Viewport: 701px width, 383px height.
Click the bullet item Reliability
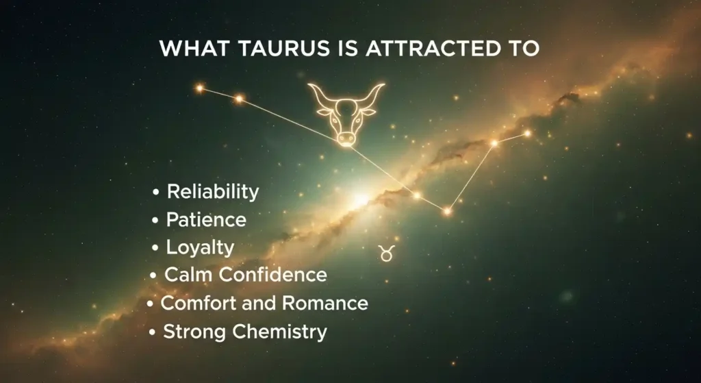pos(212,192)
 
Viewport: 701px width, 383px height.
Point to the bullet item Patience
pos(206,220)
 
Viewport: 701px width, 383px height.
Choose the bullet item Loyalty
pos(200,247)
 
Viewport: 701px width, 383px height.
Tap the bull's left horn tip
pos(310,86)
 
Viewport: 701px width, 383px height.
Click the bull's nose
pos(346,138)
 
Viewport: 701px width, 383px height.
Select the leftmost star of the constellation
pos(200,88)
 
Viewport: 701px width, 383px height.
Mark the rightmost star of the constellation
pos(527,133)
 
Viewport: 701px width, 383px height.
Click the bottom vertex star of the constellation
pos(447,211)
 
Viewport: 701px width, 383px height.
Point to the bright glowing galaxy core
pos(361,199)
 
